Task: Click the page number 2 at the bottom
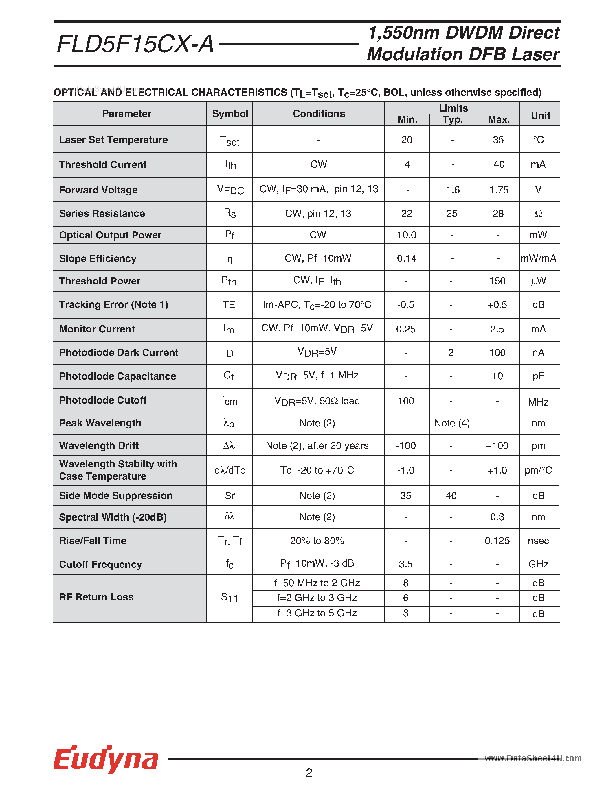point(309,772)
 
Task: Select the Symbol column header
point(230,114)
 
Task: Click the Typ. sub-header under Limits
point(453,120)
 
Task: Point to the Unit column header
point(540,116)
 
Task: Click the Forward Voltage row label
point(98,190)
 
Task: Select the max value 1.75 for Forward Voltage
point(498,190)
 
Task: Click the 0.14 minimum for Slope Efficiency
point(407,258)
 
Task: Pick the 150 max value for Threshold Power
point(497,281)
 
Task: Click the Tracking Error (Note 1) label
point(114,305)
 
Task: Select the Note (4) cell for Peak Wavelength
point(452,423)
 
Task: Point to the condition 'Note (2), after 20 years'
point(317,445)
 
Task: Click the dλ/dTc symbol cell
point(230,470)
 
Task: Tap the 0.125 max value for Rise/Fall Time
point(497,541)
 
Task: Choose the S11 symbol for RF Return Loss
point(230,597)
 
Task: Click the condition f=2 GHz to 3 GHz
point(317,598)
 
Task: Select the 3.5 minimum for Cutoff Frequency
point(405,564)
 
